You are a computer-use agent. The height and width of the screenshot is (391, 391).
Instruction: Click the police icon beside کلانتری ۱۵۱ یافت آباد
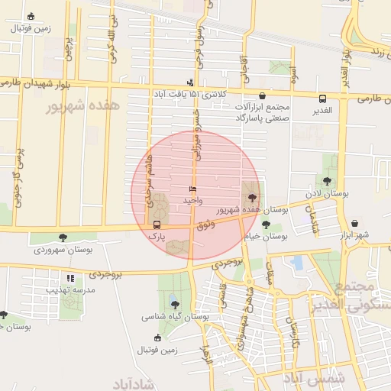[190, 82]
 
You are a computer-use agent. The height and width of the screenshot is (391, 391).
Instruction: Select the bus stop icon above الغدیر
[322, 99]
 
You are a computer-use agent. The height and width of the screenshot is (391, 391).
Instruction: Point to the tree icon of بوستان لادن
[327, 181]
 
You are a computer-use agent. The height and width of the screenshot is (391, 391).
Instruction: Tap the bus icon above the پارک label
[157, 225]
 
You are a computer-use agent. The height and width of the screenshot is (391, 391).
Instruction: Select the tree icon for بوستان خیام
[265, 225]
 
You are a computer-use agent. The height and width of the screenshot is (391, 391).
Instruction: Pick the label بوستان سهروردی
[63, 250]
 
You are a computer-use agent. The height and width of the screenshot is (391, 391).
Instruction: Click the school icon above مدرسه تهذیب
[70, 278]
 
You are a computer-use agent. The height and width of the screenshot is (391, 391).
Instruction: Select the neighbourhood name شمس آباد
[314, 377]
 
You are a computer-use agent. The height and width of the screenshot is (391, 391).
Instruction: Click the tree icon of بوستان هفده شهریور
[250, 196]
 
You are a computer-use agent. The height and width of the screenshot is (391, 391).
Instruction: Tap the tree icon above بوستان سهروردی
[63, 238]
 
